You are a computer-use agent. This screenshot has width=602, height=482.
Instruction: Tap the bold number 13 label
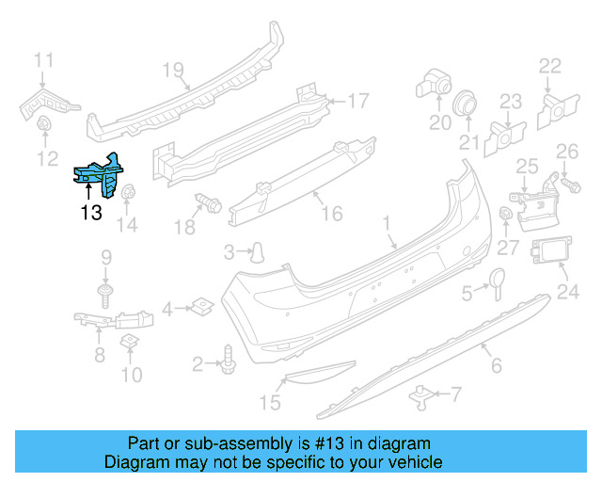pos(90,213)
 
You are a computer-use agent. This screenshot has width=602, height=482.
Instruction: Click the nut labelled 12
pos(43,124)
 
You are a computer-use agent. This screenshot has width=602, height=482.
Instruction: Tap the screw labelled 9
pos(105,297)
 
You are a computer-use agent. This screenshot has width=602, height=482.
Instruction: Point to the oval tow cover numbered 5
pos(495,279)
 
